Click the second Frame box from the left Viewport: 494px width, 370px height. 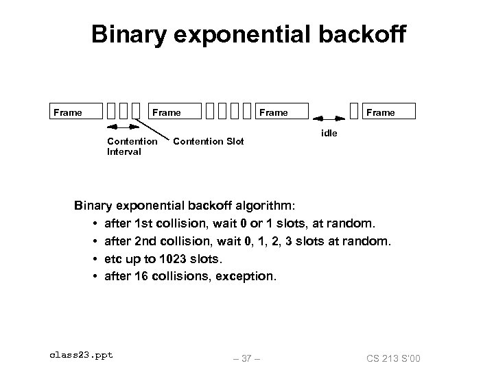[x=167, y=112]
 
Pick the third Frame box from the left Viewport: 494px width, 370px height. [x=274, y=112]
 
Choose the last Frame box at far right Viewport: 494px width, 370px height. [x=381, y=112]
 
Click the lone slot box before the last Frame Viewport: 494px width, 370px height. [x=354, y=111]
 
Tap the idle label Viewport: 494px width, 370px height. [x=329, y=134]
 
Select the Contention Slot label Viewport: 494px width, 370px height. [x=209, y=142]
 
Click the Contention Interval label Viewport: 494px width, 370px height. [x=132, y=147]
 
